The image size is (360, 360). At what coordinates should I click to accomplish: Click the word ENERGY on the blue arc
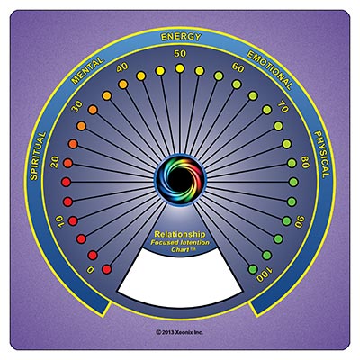pos(181,37)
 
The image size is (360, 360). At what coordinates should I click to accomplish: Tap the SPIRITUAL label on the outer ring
pos(38,157)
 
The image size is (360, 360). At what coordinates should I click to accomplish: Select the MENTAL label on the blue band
pos(88,71)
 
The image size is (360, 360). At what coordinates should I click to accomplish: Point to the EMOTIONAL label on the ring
pos(269,70)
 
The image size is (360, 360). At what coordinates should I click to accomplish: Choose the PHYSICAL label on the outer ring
pos(322,155)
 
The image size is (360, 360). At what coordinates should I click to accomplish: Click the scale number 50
pos(180,54)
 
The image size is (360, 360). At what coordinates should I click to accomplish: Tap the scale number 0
pos(90,270)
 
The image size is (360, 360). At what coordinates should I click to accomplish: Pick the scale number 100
pos(265,274)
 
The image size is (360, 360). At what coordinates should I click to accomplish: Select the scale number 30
pos(78,106)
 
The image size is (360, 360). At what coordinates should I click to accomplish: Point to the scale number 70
pos(283,107)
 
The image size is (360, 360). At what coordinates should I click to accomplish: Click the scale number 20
pos(55,162)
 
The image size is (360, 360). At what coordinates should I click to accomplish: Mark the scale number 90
pos(300,222)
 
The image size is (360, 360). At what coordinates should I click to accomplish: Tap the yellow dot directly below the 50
pos(180,68)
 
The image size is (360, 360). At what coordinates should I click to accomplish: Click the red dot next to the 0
pos(106,269)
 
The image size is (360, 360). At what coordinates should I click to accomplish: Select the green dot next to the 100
pos(253,268)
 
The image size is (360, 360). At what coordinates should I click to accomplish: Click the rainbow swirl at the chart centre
pos(180,181)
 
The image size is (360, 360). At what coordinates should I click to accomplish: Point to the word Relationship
pos(180,234)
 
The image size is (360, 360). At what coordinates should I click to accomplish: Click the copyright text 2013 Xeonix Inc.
pos(180,332)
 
